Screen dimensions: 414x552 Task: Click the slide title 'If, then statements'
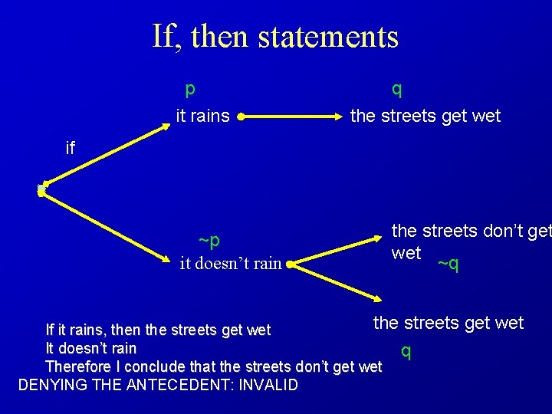pyautogui.click(x=275, y=36)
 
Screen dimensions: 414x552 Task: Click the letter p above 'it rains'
pyautogui.click(x=190, y=88)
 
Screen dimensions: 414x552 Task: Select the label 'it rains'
pyautogui.click(x=202, y=116)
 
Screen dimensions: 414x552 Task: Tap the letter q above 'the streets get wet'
pyautogui.click(x=396, y=88)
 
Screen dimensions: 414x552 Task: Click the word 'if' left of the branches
pyautogui.click(x=71, y=148)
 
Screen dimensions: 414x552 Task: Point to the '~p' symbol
pyautogui.click(x=209, y=241)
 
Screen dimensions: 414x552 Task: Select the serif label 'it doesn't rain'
pyautogui.click(x=230, y=264)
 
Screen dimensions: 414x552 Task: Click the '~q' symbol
pyautogui.click(x=448, y=264)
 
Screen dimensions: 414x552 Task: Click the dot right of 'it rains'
pyautogui.click(x=241, y=117)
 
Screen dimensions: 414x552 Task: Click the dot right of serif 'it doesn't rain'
pyautogui.click(x=289, y=264)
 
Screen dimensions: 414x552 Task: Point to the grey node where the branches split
pyautogui.click(x=41, y=189)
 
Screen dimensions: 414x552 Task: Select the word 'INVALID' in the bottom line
pyautogui.click(x=268, y=385)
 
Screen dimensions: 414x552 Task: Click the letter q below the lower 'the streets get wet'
pyautogui.click(x=406, y=351)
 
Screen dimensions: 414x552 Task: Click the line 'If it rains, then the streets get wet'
pyautogui.click(x=158, y=330)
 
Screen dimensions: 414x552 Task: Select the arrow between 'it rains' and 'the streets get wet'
pyautogui.click(x=291, y=117)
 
